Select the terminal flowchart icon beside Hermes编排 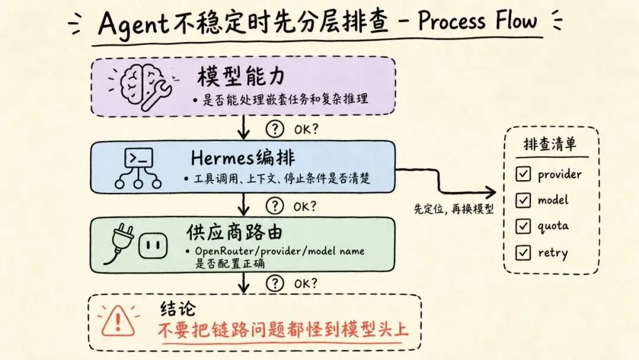click(x=138, y=168)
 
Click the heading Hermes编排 click(x=243, y=157)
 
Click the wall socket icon click(x=153, y=246)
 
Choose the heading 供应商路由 click(x=234, y=232)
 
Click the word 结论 click(x=178, y=309)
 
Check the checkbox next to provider click(x=523, y=173)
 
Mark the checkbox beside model click(x=523, y=200)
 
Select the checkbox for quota click(x=523, y=226)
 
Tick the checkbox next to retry click(x=523, y=253)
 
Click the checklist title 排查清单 click(x=550, y=144)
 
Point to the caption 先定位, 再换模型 click(x=454, y=209)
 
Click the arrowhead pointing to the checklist click(x=491, y=192)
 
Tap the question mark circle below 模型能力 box click(x=275, y=129)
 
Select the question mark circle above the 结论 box click(x=275, y=284)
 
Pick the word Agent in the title click(x=133, y=24)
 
